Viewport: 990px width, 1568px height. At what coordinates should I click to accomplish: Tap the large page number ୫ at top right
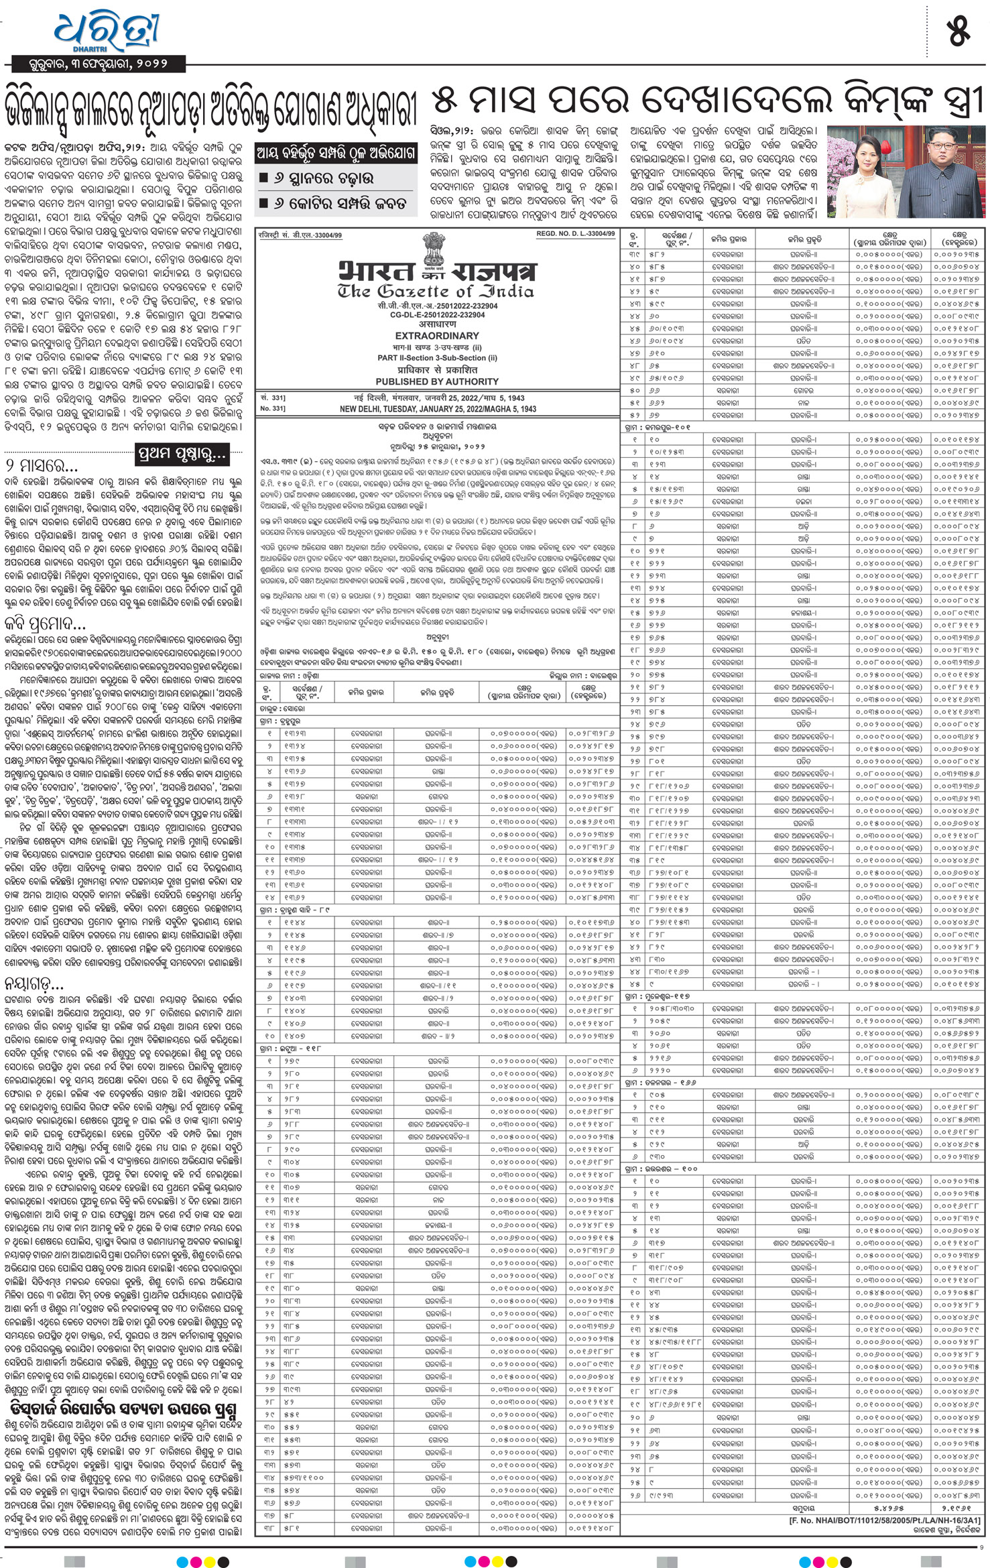pos(958,33)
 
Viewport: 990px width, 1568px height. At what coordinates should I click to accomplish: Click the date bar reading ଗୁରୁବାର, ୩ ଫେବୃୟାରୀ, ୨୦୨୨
pos(98,64)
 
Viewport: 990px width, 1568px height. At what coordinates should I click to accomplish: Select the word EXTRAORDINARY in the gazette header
pos(437,335)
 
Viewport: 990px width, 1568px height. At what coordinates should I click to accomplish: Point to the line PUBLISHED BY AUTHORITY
pos(437,381)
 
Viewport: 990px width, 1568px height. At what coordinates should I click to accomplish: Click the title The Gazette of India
pos(436,292)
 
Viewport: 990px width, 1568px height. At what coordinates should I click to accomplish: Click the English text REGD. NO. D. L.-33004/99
pos(575,234)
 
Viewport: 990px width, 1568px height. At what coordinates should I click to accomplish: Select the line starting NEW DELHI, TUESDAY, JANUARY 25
pos(438,408)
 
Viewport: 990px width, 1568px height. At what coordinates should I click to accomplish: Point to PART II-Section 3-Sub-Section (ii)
pos(437,358)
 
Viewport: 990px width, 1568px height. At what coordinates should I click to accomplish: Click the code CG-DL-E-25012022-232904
pos(437,315)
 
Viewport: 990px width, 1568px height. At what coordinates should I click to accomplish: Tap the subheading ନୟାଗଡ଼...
pos(35,983)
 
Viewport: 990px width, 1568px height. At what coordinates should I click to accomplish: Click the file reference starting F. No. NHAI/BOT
pos(884,1521)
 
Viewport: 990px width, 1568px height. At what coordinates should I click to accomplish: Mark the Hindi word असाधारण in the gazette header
pos(437,324)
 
